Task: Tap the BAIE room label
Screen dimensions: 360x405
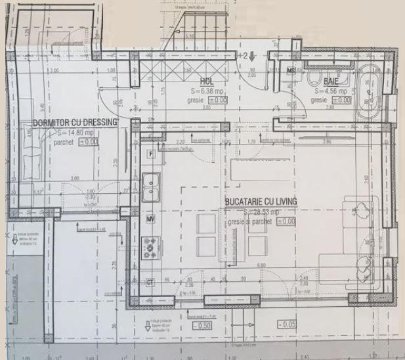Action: (x=330, y=82)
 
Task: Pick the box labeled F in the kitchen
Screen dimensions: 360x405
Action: (x=152, y=154)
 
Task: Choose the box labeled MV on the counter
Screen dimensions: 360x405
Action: (x=150, y=218)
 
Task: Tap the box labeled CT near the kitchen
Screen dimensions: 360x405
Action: (x=150, y=282)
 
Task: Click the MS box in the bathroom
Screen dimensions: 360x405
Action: (x=291, y=70)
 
